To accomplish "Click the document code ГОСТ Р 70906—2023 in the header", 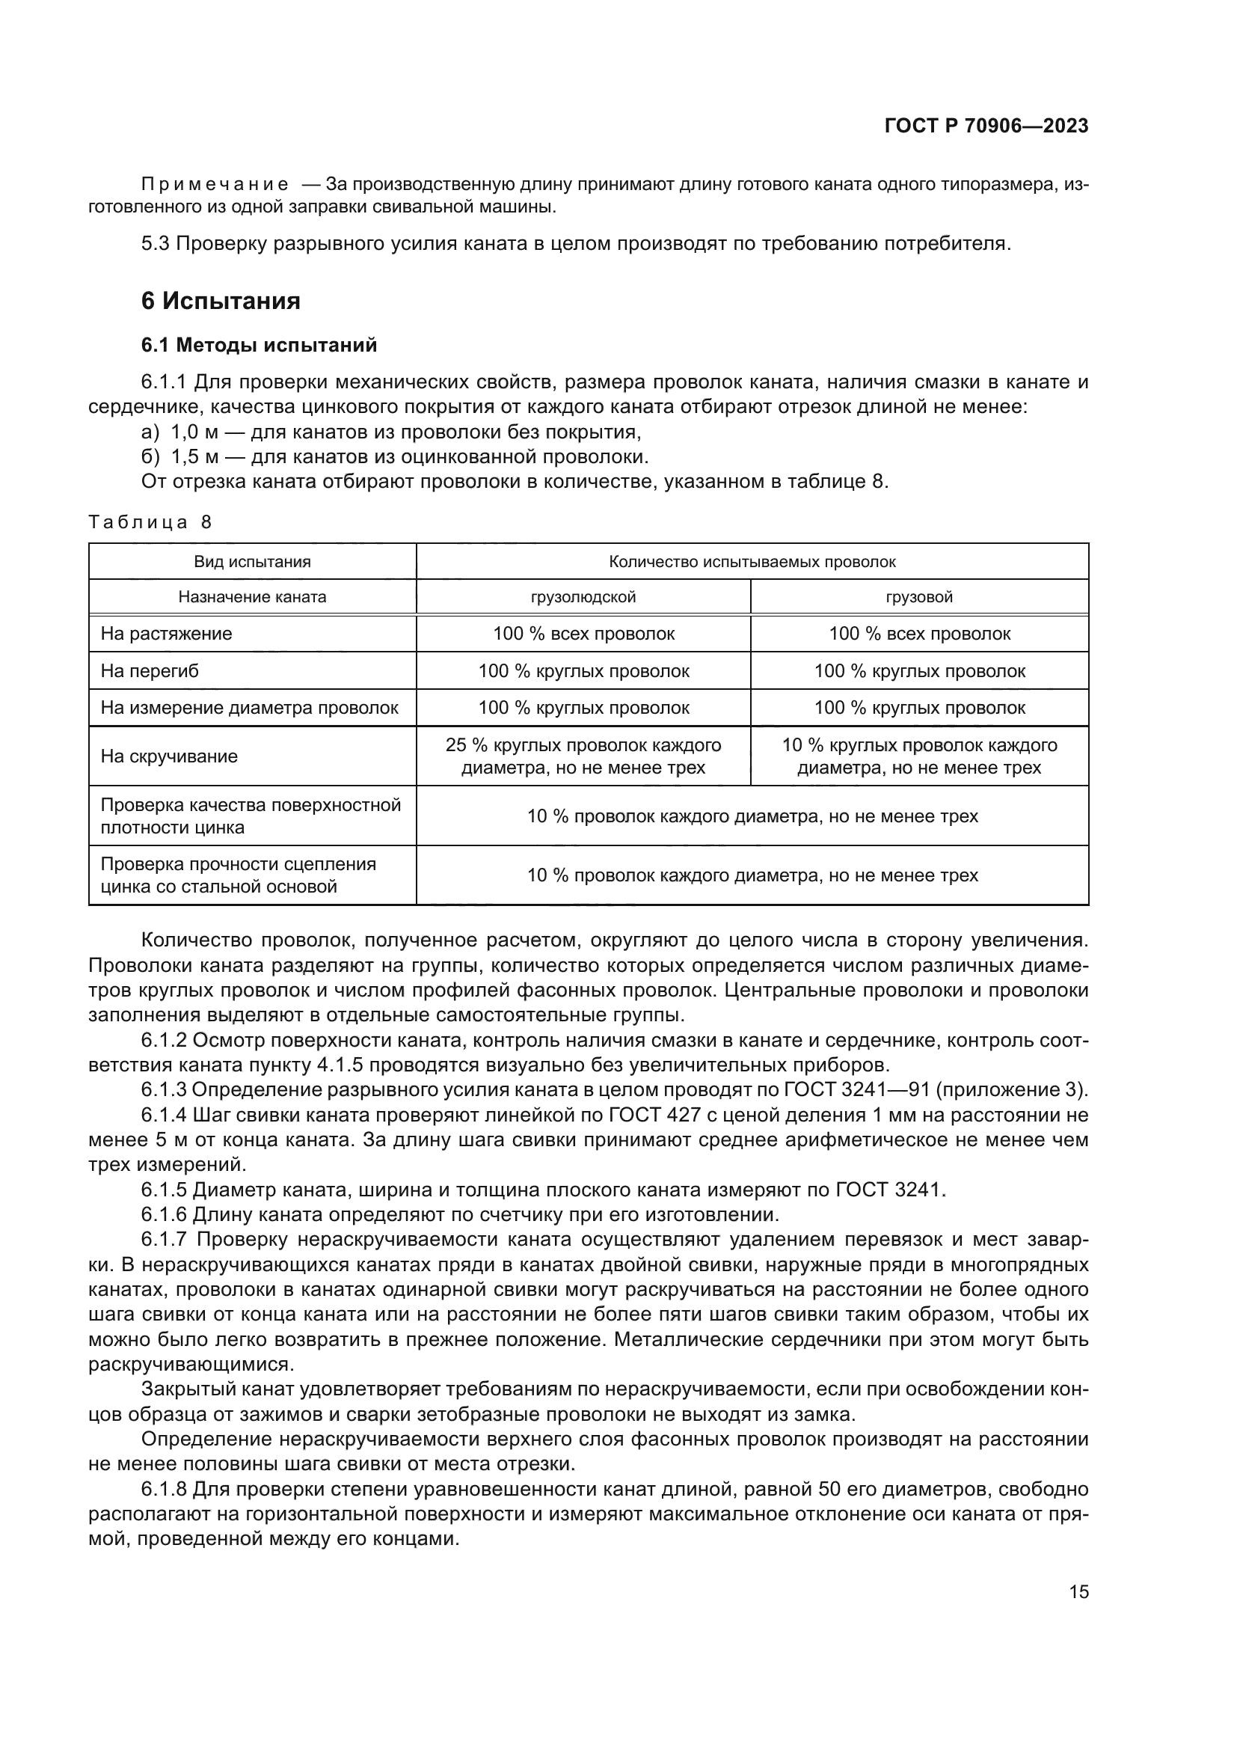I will click(986, 126).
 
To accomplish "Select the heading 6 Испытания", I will click(220, 301).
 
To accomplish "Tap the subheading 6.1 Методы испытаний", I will click(259, 345).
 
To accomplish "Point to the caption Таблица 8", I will click(150, 522).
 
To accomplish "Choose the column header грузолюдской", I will click(583, 597).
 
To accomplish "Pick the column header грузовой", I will click(918, 597).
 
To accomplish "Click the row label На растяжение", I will click(166, 634).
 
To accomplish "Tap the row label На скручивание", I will click(169, 756).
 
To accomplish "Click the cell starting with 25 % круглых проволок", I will click(583, 756).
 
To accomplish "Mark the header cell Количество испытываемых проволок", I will click(752, 562).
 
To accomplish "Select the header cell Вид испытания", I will click(252, 562).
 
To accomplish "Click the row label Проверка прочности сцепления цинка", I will click(239, 875).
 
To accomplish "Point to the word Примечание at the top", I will click(215, 184).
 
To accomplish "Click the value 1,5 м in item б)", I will click(194, 457).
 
